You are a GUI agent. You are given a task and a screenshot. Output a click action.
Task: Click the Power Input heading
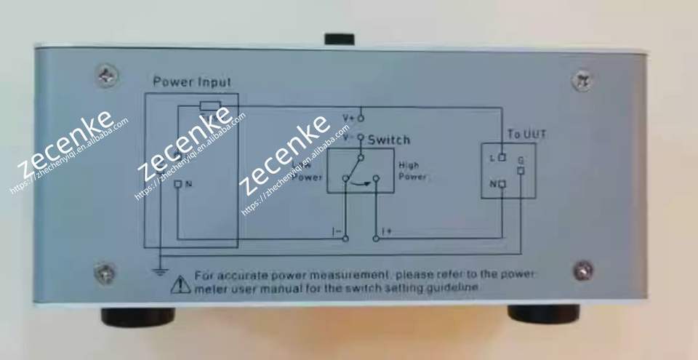[x=192, y=82]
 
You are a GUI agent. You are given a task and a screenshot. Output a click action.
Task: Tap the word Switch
[x=389, y=140]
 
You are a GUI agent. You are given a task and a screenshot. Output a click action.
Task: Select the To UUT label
[x=527, y=135]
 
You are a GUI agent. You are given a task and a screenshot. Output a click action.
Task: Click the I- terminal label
[x=337, y=231]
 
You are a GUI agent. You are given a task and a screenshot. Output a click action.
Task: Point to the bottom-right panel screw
[x=582, y=271]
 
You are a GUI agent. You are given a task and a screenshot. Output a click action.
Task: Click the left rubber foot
[x=138, y=317]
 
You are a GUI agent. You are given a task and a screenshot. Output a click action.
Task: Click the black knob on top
[x=339, y=39]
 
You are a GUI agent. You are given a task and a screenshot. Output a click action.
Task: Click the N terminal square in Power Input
[x=178, y=184]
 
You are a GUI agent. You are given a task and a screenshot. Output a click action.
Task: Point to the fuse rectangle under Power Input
[x=211, y=107]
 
